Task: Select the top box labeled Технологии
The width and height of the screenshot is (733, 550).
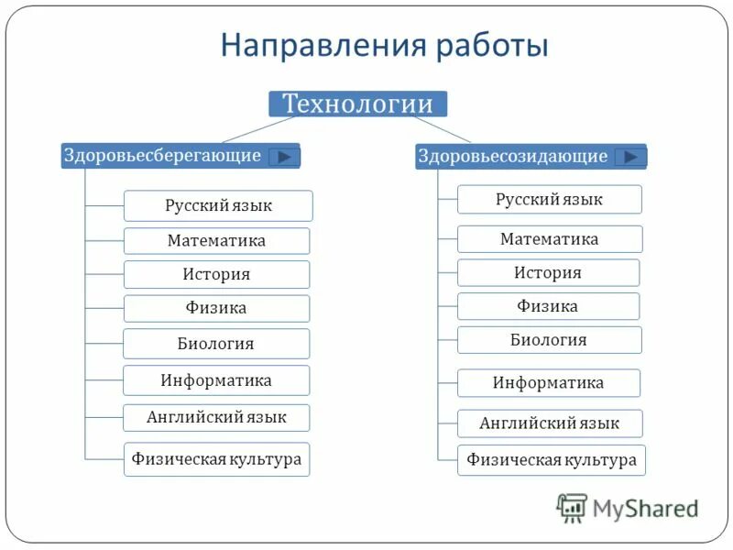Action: (357, 104)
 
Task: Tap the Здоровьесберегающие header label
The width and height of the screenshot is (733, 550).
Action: (162, 156)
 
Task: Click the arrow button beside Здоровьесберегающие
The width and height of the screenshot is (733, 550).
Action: (284, 157)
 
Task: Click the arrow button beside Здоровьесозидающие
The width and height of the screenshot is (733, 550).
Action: (629, 157)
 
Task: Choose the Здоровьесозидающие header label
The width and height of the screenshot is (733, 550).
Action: (512, 157)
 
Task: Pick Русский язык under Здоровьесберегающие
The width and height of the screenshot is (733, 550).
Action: (218, 205)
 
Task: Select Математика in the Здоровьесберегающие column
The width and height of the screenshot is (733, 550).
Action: (216, 241)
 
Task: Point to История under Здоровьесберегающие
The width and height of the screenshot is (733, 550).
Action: (216, 275)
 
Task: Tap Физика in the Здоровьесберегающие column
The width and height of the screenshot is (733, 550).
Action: (216, 309)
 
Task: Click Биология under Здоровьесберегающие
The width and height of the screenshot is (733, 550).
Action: (216, 344)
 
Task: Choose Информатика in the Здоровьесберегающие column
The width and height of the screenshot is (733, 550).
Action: (216, 380)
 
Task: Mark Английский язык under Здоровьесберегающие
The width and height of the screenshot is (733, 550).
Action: (216, 418)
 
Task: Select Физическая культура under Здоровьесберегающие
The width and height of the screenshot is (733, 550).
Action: (216, 459)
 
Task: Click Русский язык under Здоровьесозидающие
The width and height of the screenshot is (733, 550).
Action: (549, 199)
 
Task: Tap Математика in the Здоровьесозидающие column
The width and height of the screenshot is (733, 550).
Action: (549, 239)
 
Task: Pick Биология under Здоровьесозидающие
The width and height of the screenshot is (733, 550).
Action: (549, 340)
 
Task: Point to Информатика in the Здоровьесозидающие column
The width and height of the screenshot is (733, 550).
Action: (549, 383)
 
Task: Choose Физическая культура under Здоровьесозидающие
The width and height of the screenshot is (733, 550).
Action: (551, 460)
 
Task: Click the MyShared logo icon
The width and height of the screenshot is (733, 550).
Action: (572, 507)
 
